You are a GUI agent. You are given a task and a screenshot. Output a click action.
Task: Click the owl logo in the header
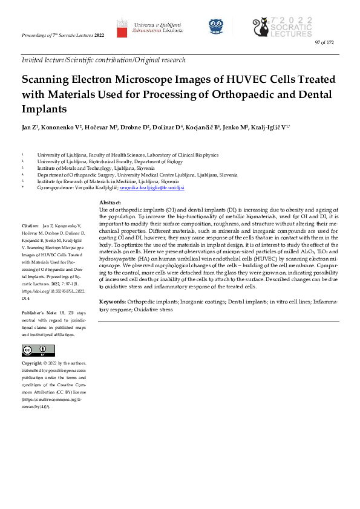point(216,26)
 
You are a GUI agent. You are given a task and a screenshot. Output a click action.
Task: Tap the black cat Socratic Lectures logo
point(263,27)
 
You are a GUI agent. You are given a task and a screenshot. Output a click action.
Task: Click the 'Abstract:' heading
point(110,203)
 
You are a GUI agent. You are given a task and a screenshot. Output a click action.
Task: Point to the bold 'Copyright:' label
point(32,363)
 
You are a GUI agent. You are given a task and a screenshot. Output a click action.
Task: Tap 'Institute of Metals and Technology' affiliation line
point(77,168)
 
